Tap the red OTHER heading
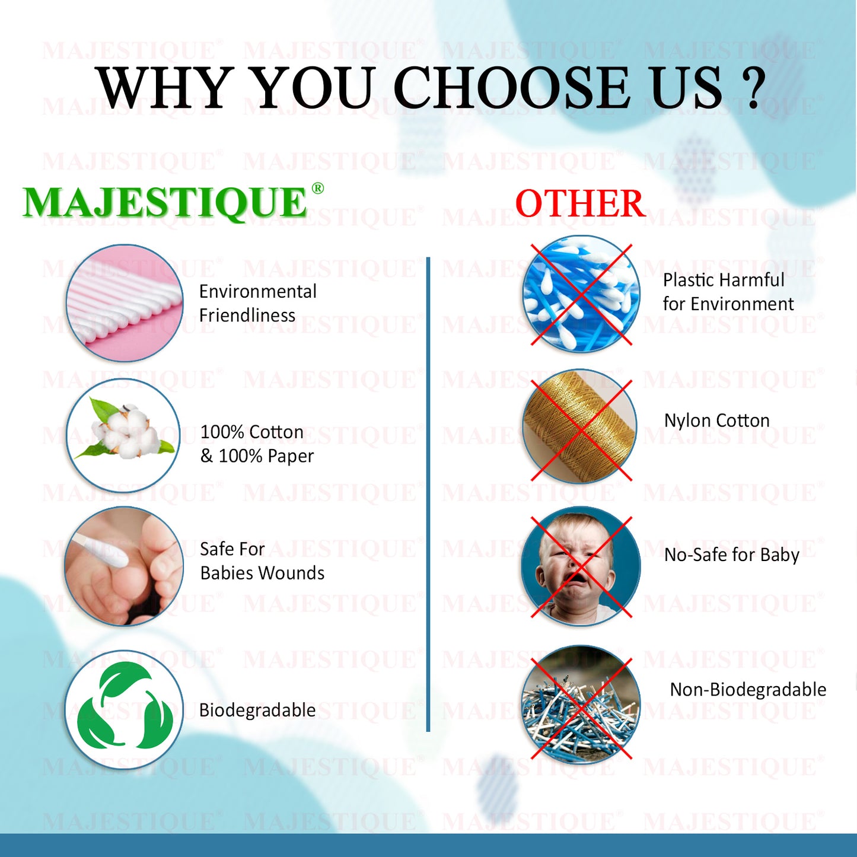(x=581, y=203)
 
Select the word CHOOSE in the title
(x=511, y=87)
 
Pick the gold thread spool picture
(x=580, y=426)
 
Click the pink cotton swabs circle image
(x=125, y=302)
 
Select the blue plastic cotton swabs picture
(x=581, y=294)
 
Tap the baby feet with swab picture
(x=124, y=566)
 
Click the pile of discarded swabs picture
(x=581, y=703)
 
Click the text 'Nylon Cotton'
(x=716, y=420)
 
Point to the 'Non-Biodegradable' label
(x=748, y=690)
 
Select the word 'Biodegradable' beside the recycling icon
(x=257, y=711)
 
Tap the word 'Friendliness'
(x=247, y=316)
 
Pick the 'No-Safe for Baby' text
(x=732, y=555)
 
